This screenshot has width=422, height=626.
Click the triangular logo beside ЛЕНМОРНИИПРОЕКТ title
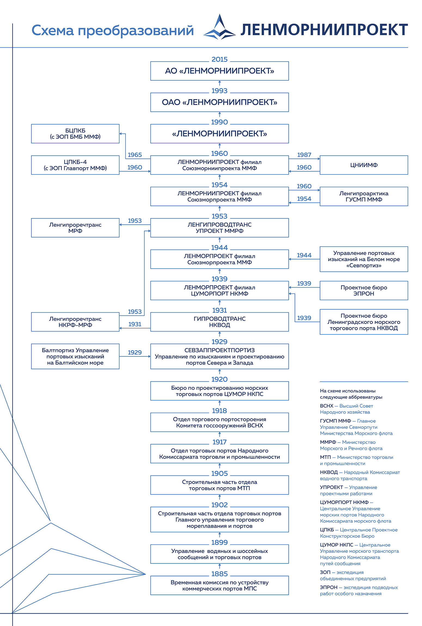[x=219, y=27]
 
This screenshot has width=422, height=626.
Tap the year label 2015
[x=219, y=59]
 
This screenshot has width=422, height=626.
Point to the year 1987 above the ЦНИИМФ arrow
[x=304, y=155]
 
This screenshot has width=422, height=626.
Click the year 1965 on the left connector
[x=135, y=155]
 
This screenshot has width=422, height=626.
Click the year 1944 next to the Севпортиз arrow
[x=304, y=255]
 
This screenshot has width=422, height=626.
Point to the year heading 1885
[x=219, y=574]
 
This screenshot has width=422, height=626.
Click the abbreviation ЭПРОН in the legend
[x=329, y=587]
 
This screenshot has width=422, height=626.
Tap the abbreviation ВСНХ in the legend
[x=327, y=406]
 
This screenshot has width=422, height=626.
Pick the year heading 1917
[x=219, y=442]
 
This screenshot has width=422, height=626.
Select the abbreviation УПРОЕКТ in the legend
[x=332, y=487]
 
